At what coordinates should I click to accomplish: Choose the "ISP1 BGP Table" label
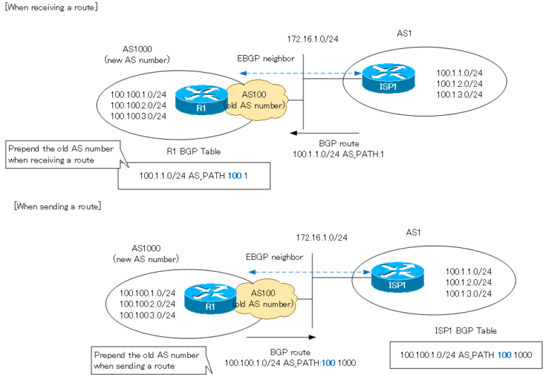465,330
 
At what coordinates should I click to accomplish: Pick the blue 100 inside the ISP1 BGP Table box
499,355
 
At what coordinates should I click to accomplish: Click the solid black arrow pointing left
325,132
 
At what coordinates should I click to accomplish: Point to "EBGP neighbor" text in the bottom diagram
274,257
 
